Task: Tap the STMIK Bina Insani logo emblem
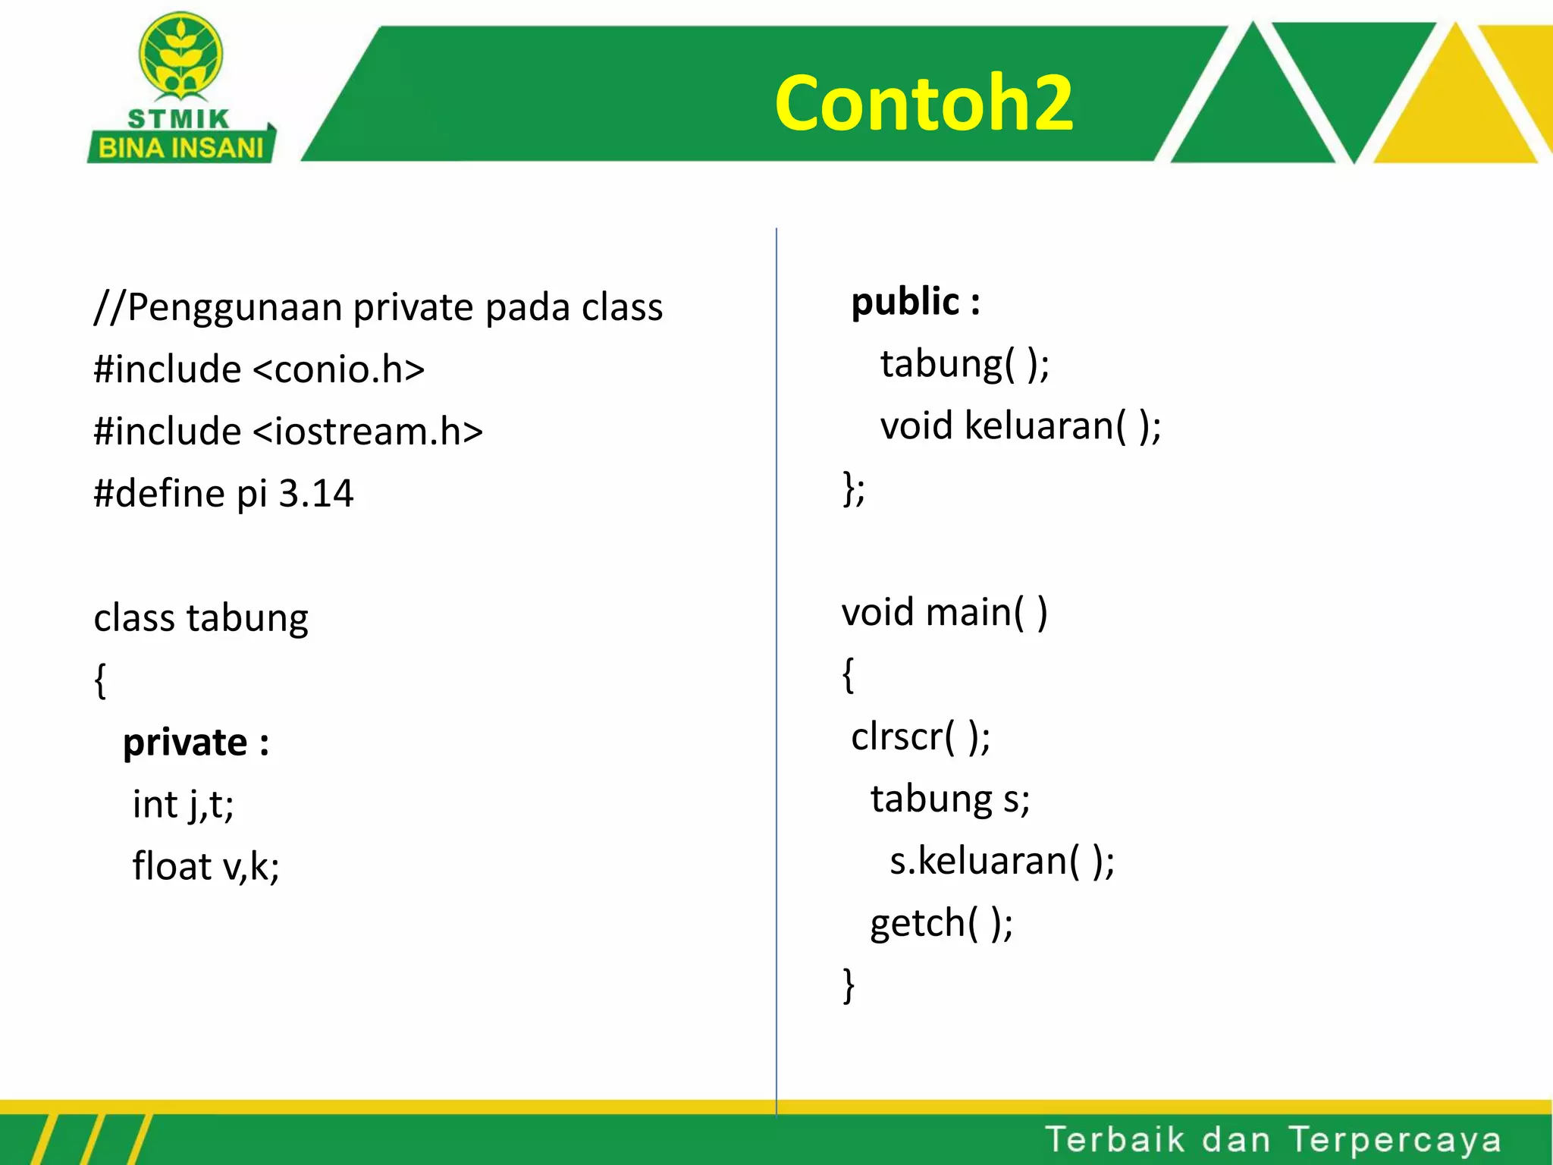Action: pyautogui.click(x=180, y=55)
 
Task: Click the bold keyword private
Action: pyautogui.click(x=185, y=742)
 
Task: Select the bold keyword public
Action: pyautogui.click(x=905, y=302)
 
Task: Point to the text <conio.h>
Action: pyautogui.click(x=338, y=369)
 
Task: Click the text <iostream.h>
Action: pyautogui.click(x=368, y=432)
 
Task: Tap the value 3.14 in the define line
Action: pyautogui.click(x=315, y=494)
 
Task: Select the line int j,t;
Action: pyautogui.click(x=183, y=804)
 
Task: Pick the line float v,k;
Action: pyautogui.click(x=205, y=866)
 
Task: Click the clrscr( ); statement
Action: pyautogui.click(x=920, y=736)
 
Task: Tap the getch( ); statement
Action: pyautogui.click(x=941, y=923)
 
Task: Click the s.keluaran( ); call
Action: pyautogui.click(x=1002, y=861)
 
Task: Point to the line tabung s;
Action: pyautogui.click(x=949, y=799)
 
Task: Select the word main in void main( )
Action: pyautogui.click(x=968, y=612)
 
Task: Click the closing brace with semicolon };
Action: pyautogui.click(x=854, y=488)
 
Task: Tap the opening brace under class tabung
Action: pyautogui.click(x=100, y=680)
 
